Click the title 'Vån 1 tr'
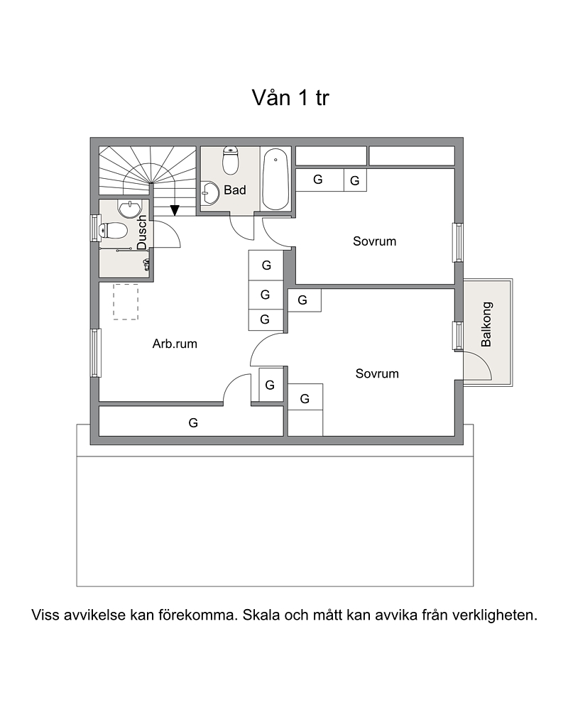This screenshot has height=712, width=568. coord(290,98)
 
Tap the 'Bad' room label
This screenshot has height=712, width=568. coord(235,190)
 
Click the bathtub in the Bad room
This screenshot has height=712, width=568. coord(275,179)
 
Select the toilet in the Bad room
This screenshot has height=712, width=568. coord(231,160)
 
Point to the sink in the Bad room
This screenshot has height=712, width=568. coord(210,193)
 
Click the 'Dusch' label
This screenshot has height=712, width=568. coord(142,233)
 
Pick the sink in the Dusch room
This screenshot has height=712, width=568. coord(130,209)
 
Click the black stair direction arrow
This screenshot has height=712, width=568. coord(175,211)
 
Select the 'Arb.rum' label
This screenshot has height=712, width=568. coord(175,344)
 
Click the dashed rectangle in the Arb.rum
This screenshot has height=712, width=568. coord(126,302)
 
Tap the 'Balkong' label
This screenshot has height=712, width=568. coord(486,324)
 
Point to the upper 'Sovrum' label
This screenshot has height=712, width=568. coord(375,241)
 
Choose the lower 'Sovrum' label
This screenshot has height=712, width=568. coord(377,373)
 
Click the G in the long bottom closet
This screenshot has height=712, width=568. coord(193,423)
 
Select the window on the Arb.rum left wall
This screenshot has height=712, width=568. coord(95,353)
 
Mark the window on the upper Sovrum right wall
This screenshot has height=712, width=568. coord(459,243)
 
